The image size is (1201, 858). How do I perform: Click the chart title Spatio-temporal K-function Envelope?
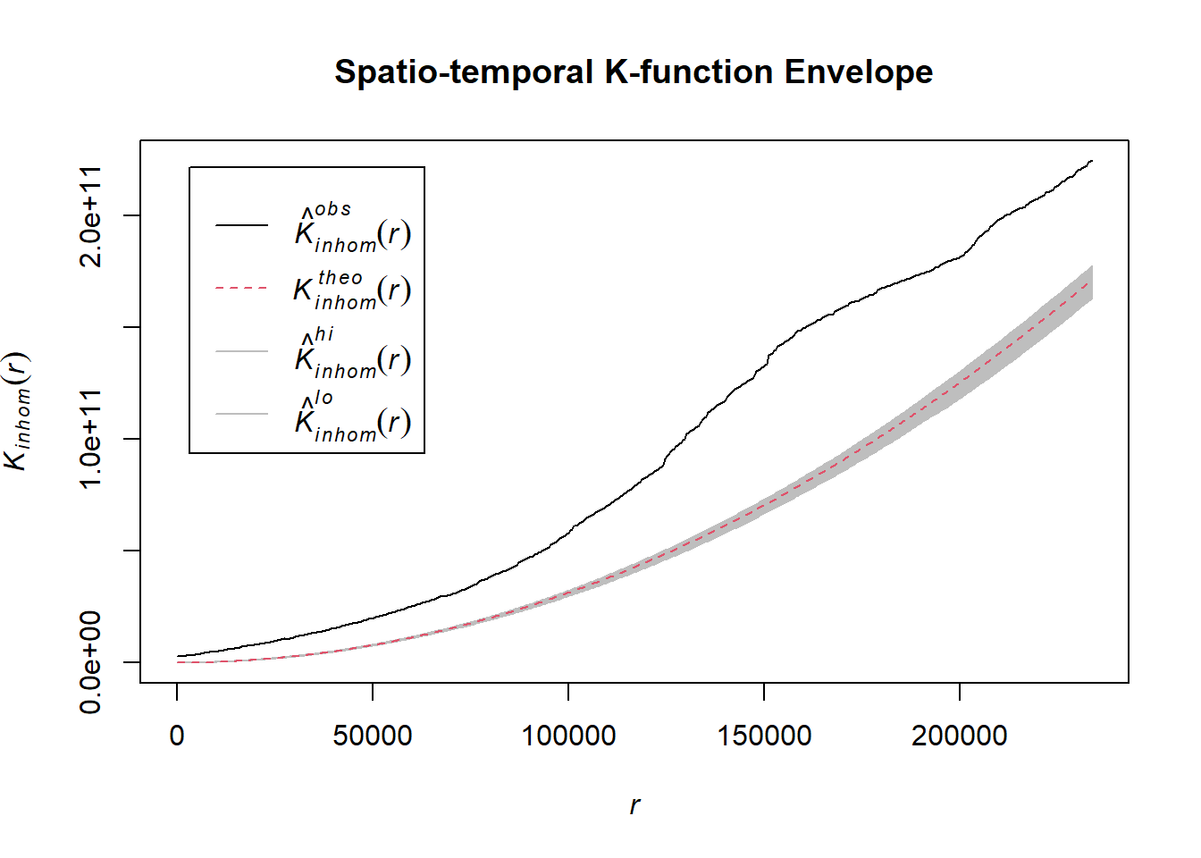click(633, 71)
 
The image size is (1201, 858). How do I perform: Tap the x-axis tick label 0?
click(177, 736)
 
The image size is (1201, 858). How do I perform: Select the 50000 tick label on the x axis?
click(373, 736)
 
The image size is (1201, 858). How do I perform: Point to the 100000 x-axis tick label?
click(568, 736)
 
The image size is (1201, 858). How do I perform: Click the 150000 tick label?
click(764, 736)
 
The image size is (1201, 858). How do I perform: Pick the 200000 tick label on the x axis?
click(960, 736)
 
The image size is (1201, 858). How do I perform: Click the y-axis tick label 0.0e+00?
click(91, 662)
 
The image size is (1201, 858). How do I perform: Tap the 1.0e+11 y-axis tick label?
click(91, 439)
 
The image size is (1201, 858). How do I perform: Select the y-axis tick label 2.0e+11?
click(91, 215)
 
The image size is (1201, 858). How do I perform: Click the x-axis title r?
click(634, 805)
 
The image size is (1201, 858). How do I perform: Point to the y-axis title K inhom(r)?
click(17, 411)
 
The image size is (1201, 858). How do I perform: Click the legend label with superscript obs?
click(353, 229)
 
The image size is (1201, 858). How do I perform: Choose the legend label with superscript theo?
click(353, 290)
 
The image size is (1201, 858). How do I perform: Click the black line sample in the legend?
click(241, 225)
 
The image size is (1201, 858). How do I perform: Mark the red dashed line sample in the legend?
click(241, 288)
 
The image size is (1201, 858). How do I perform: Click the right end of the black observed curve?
click(1092, 162)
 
